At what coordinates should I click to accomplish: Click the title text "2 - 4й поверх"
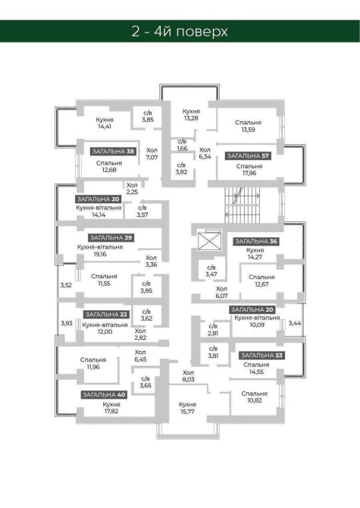(x=180, y=31)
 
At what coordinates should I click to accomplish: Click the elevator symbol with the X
(x=209, y=240)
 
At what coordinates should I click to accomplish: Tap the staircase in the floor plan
(x=243, y=205)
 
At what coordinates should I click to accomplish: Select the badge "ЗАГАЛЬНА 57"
(x=248, y=156)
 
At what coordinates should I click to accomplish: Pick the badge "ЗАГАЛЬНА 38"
(x=113, y=152)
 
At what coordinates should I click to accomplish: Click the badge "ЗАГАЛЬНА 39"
(x=111, y=238)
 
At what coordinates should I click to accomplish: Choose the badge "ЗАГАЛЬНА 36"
(x=256, y=241)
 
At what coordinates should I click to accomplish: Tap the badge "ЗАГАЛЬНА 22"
(x=106, y=314)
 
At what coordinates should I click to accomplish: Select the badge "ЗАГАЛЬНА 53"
(x=261, y=356)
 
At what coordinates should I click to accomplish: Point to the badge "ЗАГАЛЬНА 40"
(x=104, y=394)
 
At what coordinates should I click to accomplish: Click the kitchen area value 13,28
(x=191, y=118)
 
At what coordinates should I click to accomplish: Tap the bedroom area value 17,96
(x=249, y=173)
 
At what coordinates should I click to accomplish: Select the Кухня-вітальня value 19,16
(x=100, y=254)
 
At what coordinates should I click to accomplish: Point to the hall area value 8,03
(x=188, y=379)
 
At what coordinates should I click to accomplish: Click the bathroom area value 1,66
(x=182, y=149)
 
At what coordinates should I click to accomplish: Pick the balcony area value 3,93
(x=67, y=323)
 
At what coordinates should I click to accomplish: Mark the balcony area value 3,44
(x=295, y=323)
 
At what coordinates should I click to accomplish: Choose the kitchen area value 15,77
(x=187, y=412)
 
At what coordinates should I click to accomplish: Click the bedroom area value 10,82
(x=255, y=400)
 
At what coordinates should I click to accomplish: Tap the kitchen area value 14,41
(x=105, y=127)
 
